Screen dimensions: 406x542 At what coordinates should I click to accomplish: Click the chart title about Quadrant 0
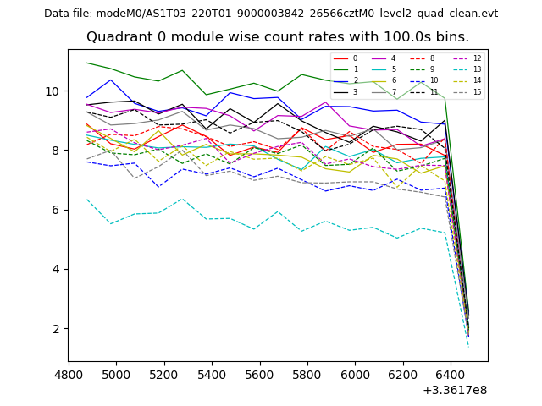click(x=277, y=37)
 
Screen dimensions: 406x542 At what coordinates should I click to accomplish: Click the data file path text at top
click(x=271, y=14)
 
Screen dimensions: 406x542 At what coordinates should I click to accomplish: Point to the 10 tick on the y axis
click(x=53, y=91)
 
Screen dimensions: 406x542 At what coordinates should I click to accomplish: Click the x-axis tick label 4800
click(x=69, y=373)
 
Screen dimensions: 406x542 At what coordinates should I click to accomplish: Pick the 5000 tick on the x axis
click(x=116, y=373)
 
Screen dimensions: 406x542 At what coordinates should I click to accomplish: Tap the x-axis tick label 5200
click(x=164, y=373)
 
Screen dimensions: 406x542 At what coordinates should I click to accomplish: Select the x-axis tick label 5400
click(x=212, y=373)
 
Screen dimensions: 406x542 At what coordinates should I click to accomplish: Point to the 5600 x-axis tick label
click(x=260, y=373)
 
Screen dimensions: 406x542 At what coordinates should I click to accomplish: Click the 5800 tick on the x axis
click(x=307, y=373)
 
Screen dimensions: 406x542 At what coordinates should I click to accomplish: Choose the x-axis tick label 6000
click(x=355, y=373)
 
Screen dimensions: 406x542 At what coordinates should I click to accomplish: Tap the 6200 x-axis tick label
click(x=403, y=373)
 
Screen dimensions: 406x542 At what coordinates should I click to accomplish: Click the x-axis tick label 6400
click(x=451, y=373)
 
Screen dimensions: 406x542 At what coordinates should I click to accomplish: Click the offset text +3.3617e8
click(x=454, y=389)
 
